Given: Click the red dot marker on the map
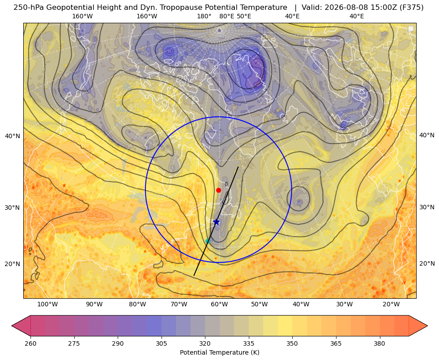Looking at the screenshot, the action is pos(219,190).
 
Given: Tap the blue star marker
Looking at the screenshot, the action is pos(217,222).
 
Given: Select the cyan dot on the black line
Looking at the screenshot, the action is pos(208,241).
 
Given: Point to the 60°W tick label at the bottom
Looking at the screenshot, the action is pos(219,304).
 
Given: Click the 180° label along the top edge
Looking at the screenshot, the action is pos(204,16).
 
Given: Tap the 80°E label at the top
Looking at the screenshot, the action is pos(226,16).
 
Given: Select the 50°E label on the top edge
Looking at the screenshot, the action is pos(244,16).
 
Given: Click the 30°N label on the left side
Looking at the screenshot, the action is pos(13,208).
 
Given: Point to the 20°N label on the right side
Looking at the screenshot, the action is pos(427,263).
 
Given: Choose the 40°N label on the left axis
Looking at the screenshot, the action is pos(13,136).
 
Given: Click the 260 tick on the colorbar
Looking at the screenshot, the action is pos(30,343).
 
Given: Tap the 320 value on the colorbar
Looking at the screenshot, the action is pos(205,343).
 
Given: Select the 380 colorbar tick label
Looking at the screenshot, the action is pos(379,343).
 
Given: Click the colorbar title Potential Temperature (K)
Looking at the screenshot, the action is pos(219,352).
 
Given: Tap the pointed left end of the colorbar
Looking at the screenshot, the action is pos(12,326).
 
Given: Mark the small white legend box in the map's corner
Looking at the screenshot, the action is pos(411,29).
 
